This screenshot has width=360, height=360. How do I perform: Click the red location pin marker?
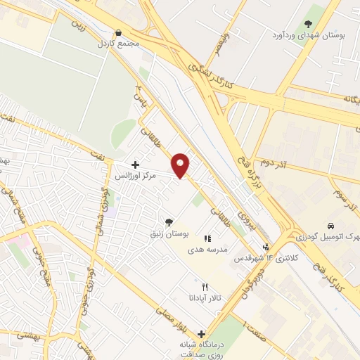click(x=181, y=165)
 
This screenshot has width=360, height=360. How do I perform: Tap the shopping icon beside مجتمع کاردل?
click(x=118, y=32)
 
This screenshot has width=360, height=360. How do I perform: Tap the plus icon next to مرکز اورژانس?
click(x=135, y=165)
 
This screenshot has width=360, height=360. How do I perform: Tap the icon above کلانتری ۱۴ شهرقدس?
click(x=266, y=247)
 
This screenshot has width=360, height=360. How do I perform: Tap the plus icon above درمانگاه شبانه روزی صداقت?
click(x=202, y=335)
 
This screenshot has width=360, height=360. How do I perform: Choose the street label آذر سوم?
click(x=347, y=192)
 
